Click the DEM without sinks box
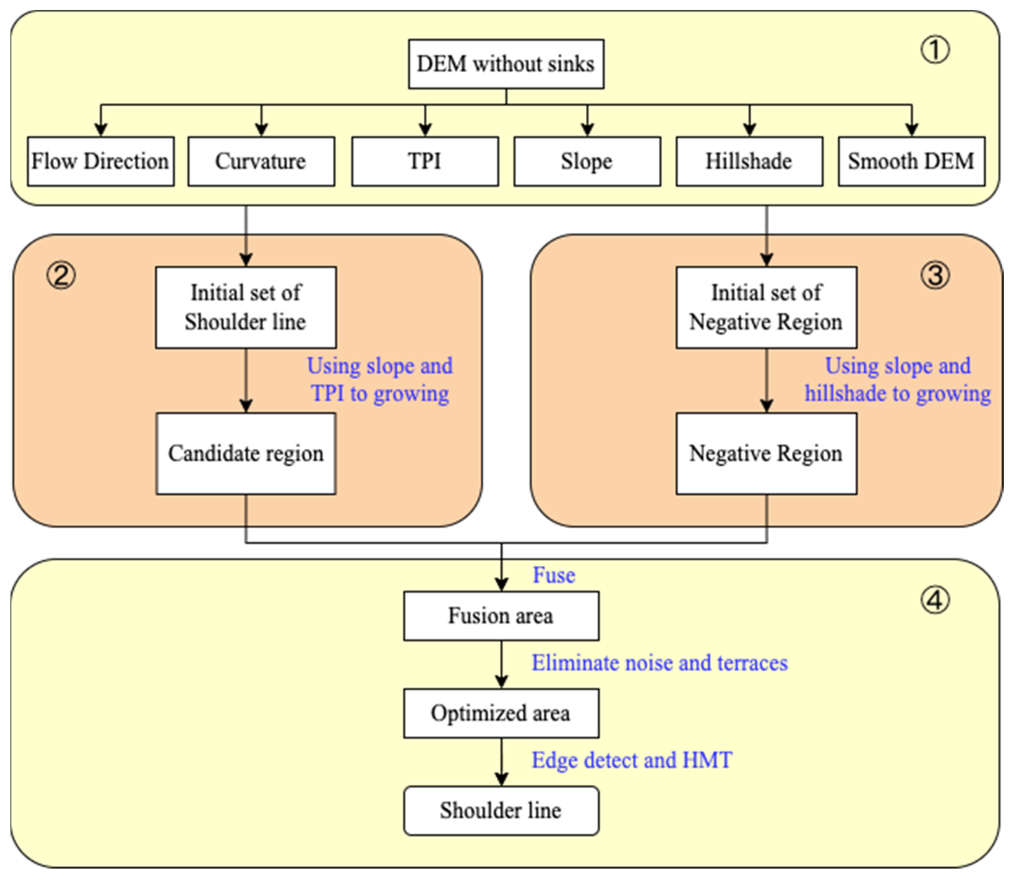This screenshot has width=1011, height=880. [x=506, y=64]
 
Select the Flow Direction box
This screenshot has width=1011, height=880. [x=101, y=161]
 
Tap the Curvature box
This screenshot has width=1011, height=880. [x=261, y=161]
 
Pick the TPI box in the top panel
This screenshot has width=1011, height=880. [x=425, y=161]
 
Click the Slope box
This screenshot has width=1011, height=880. [x=587, y=161]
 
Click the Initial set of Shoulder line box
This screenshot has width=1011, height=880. [x=246, y=308]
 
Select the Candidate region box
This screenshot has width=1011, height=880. [x=246, y=453]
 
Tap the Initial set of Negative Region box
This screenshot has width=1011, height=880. [x=766, y=308]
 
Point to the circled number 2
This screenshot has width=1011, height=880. [x=61, y=276]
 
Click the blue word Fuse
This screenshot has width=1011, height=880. [x=554, y=575]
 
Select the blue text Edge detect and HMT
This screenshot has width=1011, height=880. [x=632, y=760]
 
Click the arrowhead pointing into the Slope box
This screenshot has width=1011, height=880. [x=587, y=130]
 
